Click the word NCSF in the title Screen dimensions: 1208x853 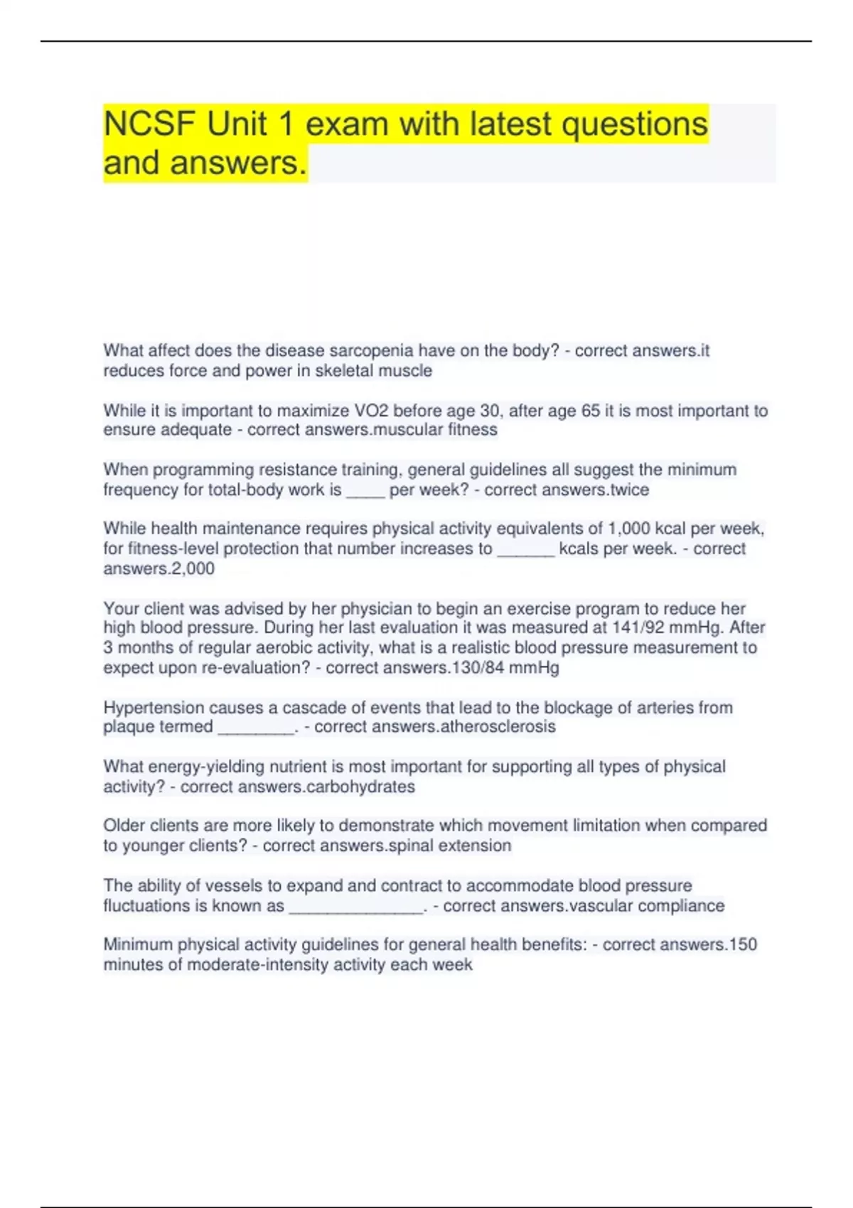tap(149, 124)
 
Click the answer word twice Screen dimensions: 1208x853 tap(629, 490)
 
